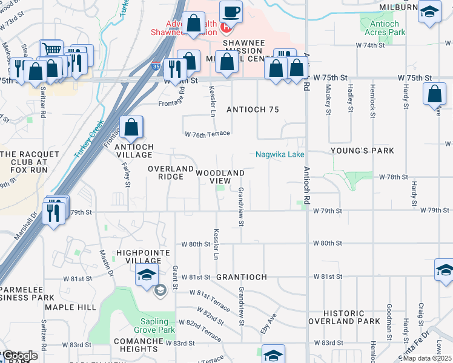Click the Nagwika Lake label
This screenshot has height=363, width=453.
click(279, 155)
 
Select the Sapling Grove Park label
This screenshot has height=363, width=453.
click(149, 325)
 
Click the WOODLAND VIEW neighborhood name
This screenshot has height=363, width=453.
click(220, 177)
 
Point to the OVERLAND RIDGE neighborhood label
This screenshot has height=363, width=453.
click(171, 172)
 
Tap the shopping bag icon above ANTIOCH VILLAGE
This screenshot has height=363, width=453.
click(131, 128)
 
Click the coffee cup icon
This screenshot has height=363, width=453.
click(231, 11)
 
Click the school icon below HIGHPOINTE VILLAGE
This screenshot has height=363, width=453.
click(147, 274)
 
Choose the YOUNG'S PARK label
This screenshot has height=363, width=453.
click(362, 151)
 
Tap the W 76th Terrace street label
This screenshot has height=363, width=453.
click(207, 133)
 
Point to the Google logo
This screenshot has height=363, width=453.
click(20, 356)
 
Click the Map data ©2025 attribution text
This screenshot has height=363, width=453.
click(428, 358)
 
